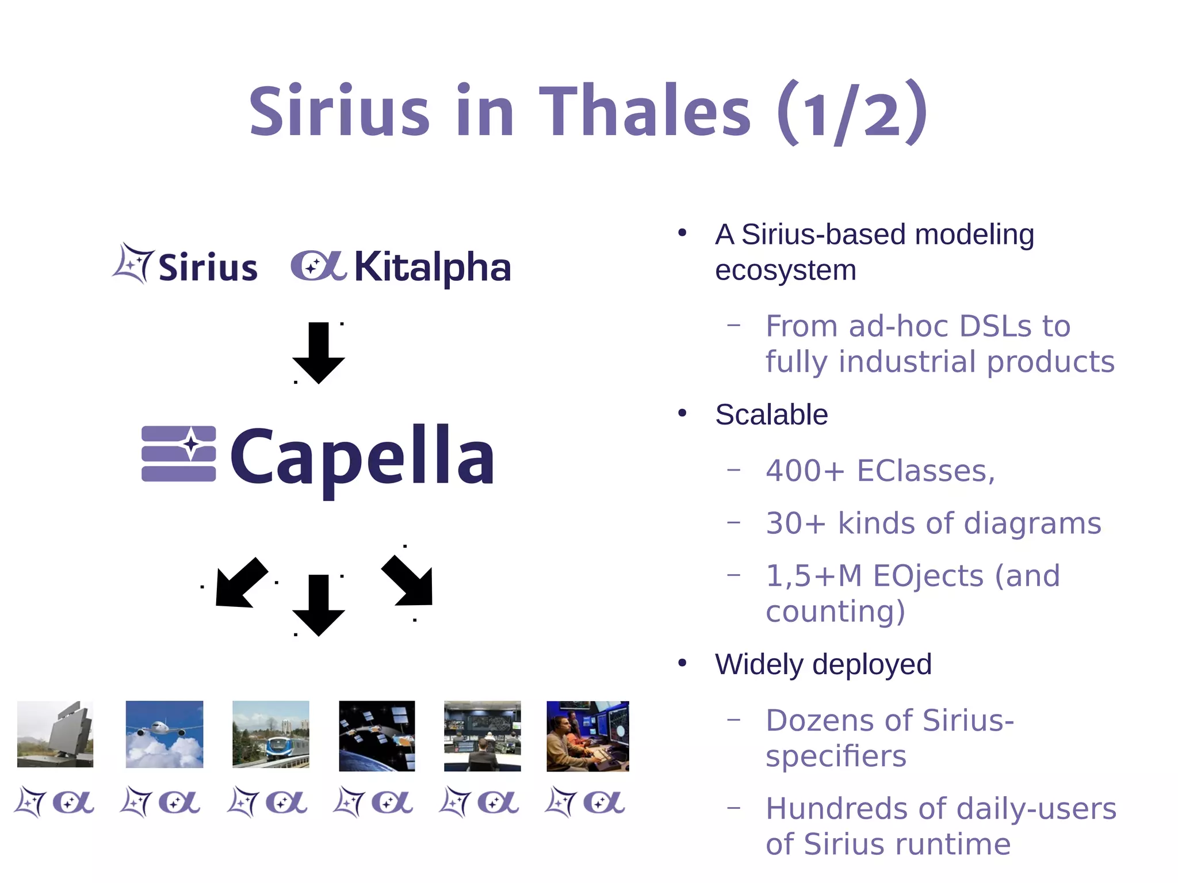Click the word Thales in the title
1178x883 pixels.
point(644,110)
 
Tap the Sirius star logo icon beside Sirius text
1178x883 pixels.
point(133,263)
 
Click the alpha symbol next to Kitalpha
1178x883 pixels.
point(318,266)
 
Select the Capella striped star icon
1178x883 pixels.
point(179,453)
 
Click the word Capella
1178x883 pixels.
point(362,456)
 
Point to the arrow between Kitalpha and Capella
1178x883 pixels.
point(319,352)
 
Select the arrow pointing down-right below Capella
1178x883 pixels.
point(409,582)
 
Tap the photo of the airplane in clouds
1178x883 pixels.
point(165,734)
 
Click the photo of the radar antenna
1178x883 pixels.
point(55,734)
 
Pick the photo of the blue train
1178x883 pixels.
point(271,734)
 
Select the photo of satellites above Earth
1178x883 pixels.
point(377,736)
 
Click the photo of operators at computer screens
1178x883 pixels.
point(587,736)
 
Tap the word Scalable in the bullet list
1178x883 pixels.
point(771,415)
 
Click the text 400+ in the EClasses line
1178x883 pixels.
point(804,471)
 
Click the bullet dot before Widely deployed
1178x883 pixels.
point(682,663)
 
